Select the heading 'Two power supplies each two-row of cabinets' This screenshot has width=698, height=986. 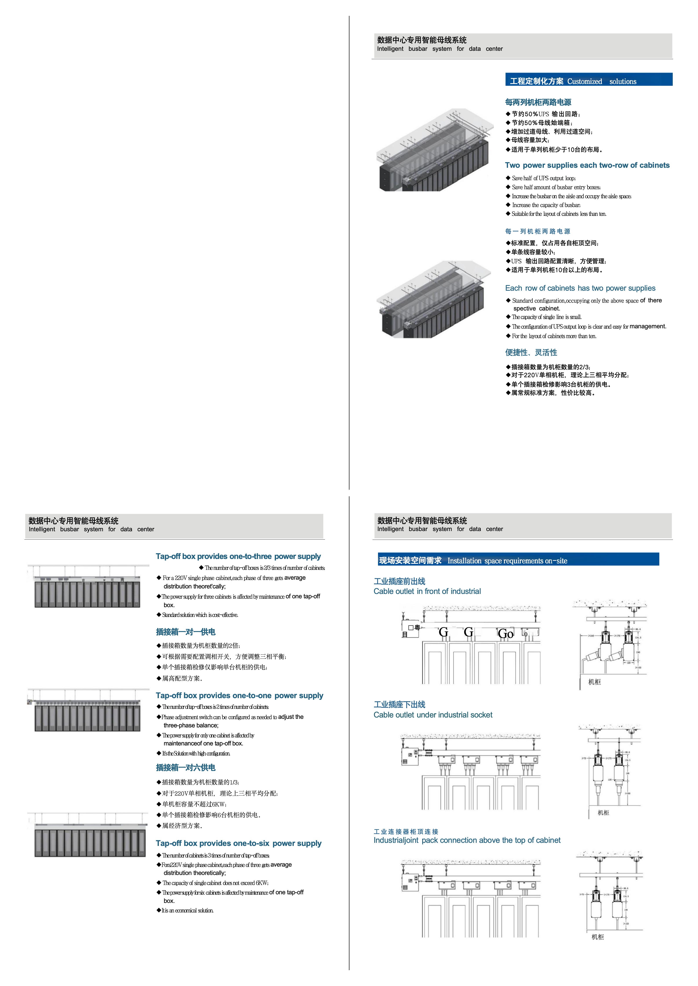pyautogui.click(x=587, y=165)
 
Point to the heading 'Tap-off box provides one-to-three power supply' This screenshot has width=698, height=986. pyautogui.click(x=238, y=556)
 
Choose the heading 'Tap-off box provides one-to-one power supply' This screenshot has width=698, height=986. pyautogui.click(x=239, y=696)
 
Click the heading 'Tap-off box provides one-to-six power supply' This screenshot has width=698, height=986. pyautogui.click(x=238, y=844)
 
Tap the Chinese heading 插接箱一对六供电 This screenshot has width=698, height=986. pyautogui.click(x=186, y=768)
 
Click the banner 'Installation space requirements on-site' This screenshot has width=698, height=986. pyautogui.click(x=518, y=560)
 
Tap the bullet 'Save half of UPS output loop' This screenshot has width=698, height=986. pyautogui.click(x=543, y=178)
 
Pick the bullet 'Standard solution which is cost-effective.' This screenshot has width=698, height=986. pyautogui.click(x=200, y=615)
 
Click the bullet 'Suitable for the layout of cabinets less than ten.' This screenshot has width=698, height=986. pyautogui.click(x=559, y=214)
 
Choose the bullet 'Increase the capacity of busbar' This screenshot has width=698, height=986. pyautogui.click(x=546, y=205)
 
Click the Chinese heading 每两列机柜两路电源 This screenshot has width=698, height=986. pyautogui.click(x=538, y=102)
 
